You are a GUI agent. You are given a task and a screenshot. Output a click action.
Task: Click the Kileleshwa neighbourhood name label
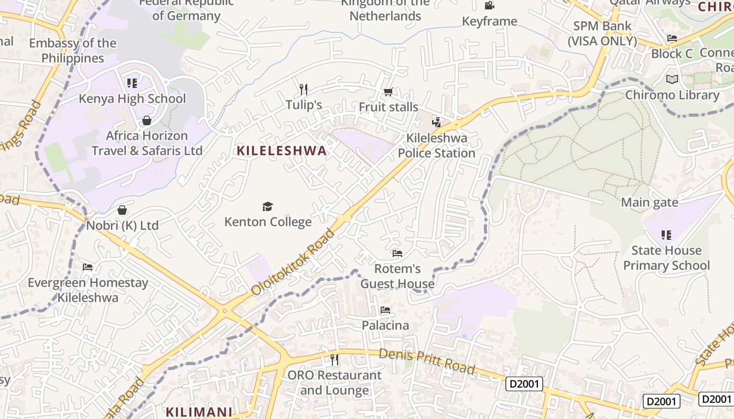tap(282, 151)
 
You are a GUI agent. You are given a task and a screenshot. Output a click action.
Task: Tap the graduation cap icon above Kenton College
tap(268, 206)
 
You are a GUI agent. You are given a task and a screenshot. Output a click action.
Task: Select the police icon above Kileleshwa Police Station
tap(436, 123)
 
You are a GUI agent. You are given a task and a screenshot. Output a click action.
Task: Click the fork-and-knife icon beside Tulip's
tap(303, 89)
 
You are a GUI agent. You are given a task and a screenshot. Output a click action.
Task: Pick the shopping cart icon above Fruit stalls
tap(388, 92)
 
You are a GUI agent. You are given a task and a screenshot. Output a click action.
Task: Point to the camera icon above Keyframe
tap(489, 6)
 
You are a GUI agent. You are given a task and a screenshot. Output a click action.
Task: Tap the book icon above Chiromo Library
tap(672, 80)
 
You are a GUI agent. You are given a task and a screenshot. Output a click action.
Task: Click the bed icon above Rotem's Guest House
tap(397, 253)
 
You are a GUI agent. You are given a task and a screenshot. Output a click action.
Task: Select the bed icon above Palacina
tap(385, 310)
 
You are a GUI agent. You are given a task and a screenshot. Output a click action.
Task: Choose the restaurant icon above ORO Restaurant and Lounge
tap(334, 360)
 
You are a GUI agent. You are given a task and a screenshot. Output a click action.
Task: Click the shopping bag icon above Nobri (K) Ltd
tap(122, 210)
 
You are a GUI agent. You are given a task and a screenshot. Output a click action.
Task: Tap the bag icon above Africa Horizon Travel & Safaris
tap(147, 120)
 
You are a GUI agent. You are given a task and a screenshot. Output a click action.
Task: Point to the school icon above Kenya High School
tap(132, 83)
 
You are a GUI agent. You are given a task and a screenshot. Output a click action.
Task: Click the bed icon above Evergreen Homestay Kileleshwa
tap(88, 267)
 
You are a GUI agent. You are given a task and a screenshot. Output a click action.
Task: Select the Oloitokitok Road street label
tap(293, 261)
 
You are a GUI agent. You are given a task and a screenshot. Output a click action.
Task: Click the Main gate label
tap(650, 202)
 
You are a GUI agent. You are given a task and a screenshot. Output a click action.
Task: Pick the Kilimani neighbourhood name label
tap(199, 412)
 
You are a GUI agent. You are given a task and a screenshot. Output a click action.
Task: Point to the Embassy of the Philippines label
tap(73, 51)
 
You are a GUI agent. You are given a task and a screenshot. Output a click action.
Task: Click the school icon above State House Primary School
tap(666, 235)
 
